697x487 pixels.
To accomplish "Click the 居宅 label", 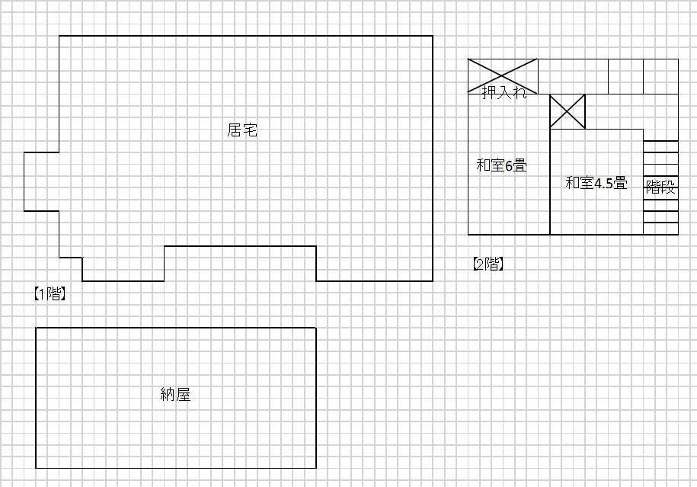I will [242, 130].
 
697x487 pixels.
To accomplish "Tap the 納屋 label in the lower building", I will [175, 394].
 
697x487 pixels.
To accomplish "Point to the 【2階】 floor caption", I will [488, 264].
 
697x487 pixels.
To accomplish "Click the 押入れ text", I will [504, 93].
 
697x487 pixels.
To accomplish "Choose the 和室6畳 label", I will [501, 165].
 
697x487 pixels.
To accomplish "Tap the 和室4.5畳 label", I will [596, 183].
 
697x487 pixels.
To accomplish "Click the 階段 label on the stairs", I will [660, 187].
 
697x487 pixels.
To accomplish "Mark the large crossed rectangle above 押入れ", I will [503, 75].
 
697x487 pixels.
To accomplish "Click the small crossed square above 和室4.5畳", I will [568, 111].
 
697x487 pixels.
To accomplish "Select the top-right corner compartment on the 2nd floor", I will [660, 75].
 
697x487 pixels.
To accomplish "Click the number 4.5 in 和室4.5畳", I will [603, 183].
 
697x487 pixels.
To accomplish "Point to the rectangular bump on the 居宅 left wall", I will [41, 181].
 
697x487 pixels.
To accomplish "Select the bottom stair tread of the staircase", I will [660, 228].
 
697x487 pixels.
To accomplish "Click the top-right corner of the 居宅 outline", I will [433, 36].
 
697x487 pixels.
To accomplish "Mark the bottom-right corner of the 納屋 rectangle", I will [316, 468].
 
